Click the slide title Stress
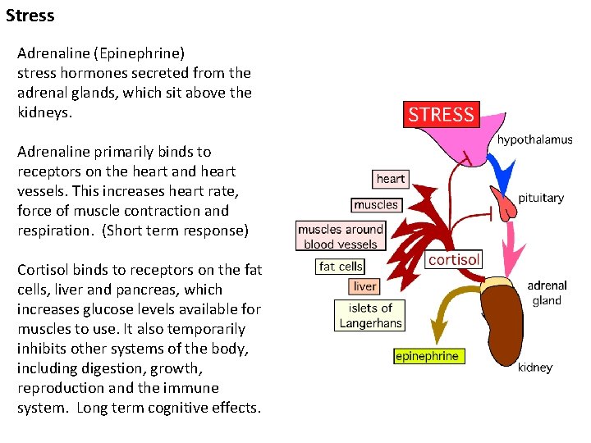pyautogui.click(x=30, y=15)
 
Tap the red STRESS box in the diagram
pyautogui.click(x=441, y=114)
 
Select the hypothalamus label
pyautogui.click(x=534, y=139)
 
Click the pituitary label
pyautogui.click(x=541, y=198)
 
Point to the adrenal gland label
pyautogui.click(x=547, y=293)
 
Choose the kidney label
pyautogui.click(x=535, y=368)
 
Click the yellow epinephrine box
pyautogui.click(x=427, y=356)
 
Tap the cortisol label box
pyautogui.click(x=453, y=259)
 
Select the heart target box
pyautogui.click(x=390, y=179)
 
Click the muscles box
pyautogui.click(x=375, y=205)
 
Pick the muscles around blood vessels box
pyautogui.click(x=341, y=236)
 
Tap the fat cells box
pyautogui.click(x=340, y=267)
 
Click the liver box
pyautogui.click(x=364, y=286)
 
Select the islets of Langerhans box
pyautogui.click(x=370, y=315)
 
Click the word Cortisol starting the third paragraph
pyautogui.click(x=42, y=270)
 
